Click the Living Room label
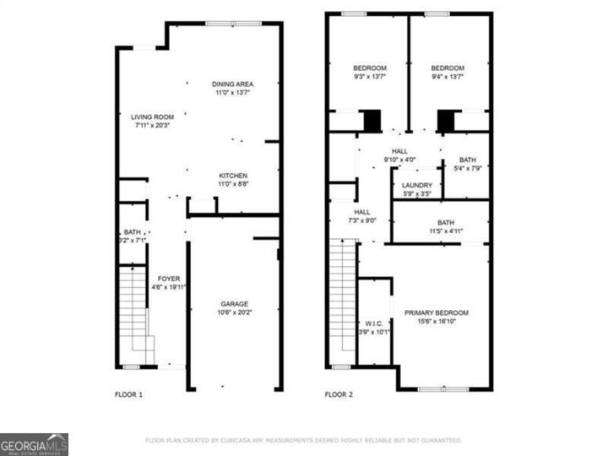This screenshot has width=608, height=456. point(152,117)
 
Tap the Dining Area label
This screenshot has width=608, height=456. point(233,84)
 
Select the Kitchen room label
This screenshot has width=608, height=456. point(233,175)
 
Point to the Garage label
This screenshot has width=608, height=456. point(235,303)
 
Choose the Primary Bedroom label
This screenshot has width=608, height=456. point(436,312)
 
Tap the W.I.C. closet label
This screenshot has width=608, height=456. point(374,323)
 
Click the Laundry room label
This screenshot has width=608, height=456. point(417,185)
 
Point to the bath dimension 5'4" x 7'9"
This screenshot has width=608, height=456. point(467,169)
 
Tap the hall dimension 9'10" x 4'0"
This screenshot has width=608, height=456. point(399,160)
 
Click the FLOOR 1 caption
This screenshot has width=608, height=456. point(128,394)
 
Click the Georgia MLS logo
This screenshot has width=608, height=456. point(34,444)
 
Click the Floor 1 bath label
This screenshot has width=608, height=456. point(133,236)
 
